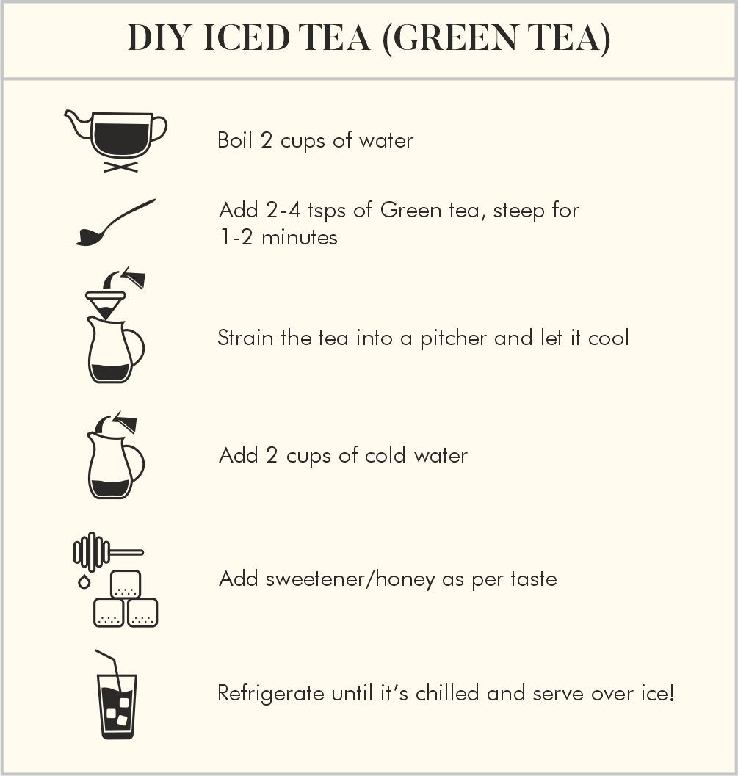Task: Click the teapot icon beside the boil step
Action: [x=116, y=141]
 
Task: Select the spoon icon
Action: [x=115, y=222]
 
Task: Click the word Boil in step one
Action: [x=235, y=140]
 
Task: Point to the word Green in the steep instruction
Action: [x=410, y=210]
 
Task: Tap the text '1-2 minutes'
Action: [x=278, y=237]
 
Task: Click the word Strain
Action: [x=245, y=338]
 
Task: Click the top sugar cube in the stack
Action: [x=126, y=584]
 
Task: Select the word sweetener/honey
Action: [x=350, y=579]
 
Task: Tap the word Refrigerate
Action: [x=271, y=693]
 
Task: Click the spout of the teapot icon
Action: [x=76, y=123]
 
